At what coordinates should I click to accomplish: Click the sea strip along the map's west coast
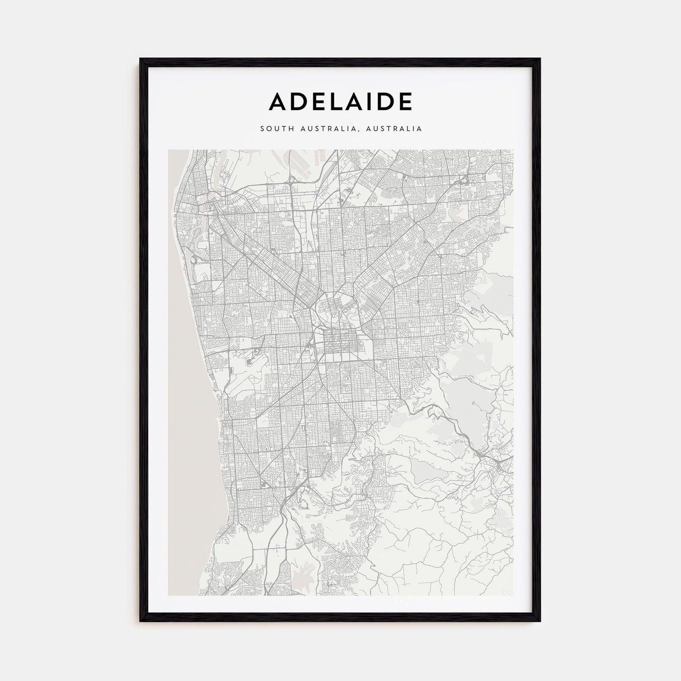coord(182,389)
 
